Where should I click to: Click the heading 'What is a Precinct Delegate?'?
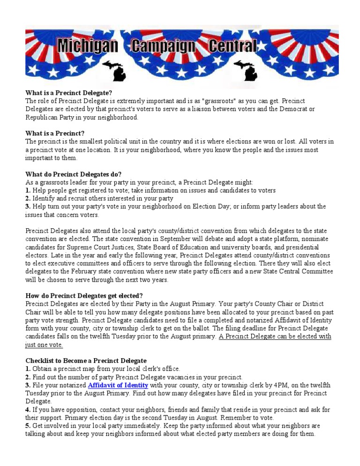click(68, 93)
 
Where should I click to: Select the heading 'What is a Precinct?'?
click(55, 134)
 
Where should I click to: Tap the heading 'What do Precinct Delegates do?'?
click(73, 174)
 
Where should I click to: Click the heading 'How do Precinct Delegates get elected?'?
click(84, 296)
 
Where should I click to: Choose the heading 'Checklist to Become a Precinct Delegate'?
click(86, 361)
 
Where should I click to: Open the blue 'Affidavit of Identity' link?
click(118, 385)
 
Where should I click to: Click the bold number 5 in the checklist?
click(28, 426)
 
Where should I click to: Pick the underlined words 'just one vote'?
click(44, 345)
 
